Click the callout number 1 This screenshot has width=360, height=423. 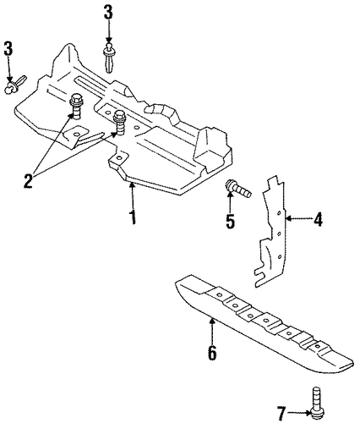point(133,217)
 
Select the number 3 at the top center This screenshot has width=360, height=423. point(108,12)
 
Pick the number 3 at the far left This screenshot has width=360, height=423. point(8,48)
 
